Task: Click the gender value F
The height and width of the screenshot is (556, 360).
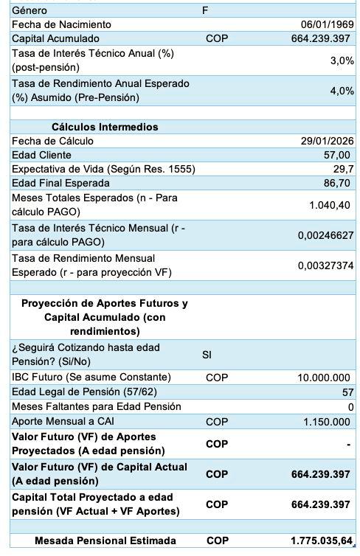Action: [205, 10]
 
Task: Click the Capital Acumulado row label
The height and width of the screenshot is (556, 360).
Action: [55, 38]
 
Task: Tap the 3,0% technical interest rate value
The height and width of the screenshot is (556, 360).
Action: [342, 60]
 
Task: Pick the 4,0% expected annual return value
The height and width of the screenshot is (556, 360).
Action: [342, 91]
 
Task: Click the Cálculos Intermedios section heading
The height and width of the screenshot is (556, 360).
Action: [105, 127]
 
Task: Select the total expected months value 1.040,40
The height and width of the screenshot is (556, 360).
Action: [329, 205]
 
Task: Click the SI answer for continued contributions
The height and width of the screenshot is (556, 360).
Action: [207, 355]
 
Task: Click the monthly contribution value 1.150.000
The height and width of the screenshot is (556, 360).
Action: [327, 422]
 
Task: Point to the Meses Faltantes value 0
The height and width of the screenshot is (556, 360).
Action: [350, 407]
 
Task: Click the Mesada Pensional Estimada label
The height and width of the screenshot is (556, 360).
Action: [105, 541]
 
